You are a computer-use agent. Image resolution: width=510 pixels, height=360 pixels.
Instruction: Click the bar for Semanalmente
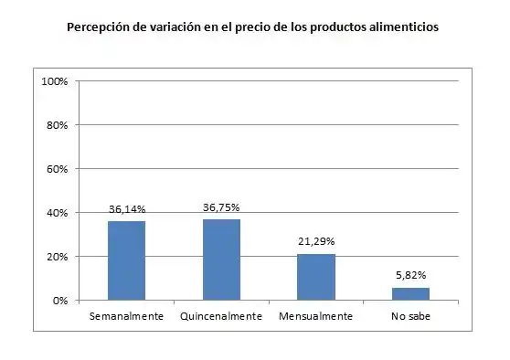[126, 260]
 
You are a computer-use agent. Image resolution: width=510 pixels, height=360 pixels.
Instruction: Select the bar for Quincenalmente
[221, 259]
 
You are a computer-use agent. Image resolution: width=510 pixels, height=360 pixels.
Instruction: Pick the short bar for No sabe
[410, 293]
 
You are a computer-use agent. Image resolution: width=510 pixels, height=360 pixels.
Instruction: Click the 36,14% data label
[127, 209]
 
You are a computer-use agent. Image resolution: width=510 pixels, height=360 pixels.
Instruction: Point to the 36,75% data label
[221, 207]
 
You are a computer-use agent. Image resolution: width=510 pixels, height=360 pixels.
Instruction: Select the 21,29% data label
[316, 241]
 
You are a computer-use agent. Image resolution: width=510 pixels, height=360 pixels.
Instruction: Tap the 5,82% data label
[410, 275]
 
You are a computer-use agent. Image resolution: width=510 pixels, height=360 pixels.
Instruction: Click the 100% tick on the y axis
[56, 81]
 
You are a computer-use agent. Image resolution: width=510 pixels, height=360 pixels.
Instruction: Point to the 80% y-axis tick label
[58, 125]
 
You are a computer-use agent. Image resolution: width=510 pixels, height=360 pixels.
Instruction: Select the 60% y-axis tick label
[58, 169]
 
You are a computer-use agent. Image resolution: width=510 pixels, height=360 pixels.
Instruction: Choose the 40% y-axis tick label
[58, 213]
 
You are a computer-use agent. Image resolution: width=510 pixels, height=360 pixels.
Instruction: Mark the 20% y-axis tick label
[58, 257]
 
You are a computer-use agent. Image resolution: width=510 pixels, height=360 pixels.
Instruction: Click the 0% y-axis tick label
[61, 301]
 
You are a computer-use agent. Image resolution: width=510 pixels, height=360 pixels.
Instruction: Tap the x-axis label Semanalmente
[126, 316]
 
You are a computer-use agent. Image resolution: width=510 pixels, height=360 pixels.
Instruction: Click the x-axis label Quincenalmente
[221, 316]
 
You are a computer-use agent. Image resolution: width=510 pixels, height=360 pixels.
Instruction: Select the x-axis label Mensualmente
[315, 316]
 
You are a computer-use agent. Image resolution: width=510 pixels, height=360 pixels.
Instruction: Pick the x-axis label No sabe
[410, 316]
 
